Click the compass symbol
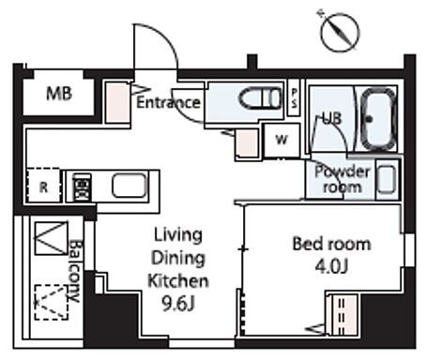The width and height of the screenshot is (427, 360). coord(340,32)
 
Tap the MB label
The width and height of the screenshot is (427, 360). coord(59,93)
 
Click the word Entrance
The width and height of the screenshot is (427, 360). coord(168,102)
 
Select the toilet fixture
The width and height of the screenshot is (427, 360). coord(260,98)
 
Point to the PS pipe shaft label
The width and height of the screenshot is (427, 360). coord(294,97)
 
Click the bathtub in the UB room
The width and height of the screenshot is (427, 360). coord(377,119)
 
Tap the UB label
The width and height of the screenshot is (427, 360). coord(332,119)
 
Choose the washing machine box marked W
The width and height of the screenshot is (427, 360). coord(282,140)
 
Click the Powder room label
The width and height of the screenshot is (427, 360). coord(342,179)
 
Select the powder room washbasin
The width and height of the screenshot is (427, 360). coord(387,180)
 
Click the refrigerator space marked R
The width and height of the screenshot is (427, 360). coord(43,187)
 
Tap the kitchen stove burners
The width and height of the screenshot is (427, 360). coord(82,187)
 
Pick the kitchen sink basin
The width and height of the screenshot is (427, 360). coord(130,186)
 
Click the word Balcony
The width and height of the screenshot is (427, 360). coord(75,271)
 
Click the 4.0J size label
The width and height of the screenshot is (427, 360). coord(331,266)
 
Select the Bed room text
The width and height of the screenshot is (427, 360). coord(331,244)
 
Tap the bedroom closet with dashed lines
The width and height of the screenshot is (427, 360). coord(343,314)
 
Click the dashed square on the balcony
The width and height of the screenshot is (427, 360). coord(52,302)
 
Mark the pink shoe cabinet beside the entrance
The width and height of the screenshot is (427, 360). coord(116,103)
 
